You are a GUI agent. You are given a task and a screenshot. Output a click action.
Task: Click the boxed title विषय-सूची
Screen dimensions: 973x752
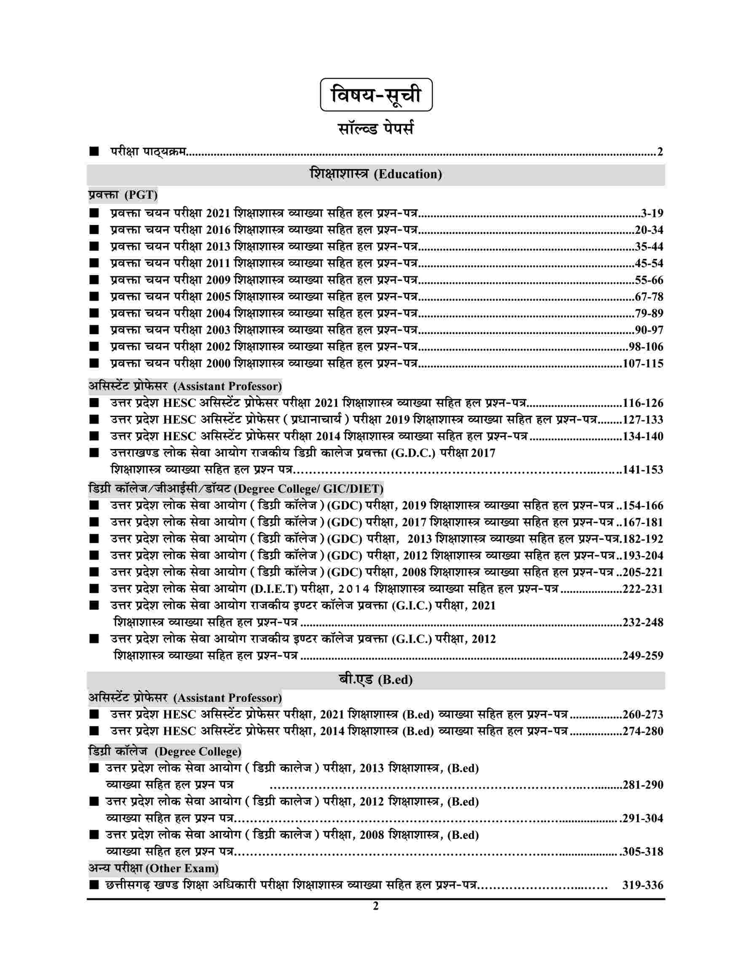pos(376,95)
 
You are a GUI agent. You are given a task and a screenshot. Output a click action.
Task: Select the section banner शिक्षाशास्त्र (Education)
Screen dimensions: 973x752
pos(375,175)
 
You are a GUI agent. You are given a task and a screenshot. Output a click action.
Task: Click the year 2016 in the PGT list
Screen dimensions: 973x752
pos(218,230)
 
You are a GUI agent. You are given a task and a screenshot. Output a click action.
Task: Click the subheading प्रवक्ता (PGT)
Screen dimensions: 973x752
pos(123,195)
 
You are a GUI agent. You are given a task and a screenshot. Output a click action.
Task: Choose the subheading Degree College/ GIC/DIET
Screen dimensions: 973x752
pos(236,489)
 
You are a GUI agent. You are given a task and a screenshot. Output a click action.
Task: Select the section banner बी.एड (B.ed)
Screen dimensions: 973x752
pos(375,680)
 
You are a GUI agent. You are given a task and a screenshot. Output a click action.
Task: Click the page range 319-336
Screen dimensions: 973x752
pos(643,885)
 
